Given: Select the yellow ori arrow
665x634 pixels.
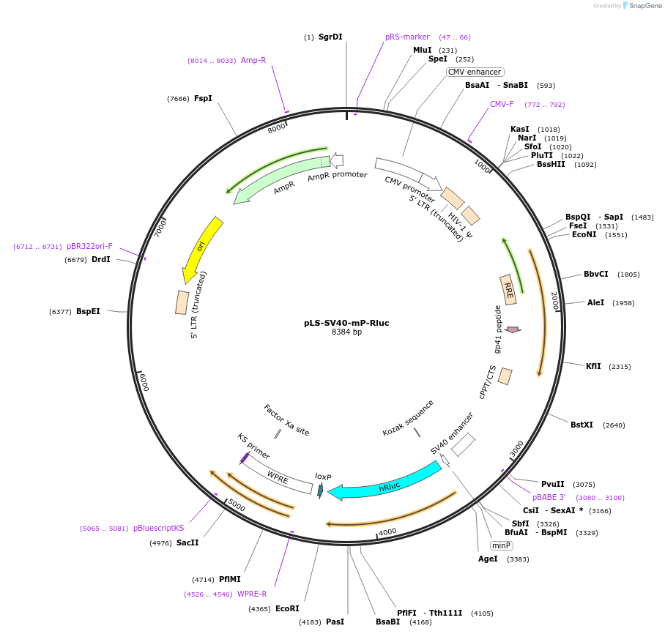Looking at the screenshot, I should [200, 249].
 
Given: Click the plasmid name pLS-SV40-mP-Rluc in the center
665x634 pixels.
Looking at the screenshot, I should [346, 323].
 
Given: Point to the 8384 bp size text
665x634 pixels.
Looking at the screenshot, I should [346, 332].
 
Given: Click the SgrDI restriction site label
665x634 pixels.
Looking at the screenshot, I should [330, 37].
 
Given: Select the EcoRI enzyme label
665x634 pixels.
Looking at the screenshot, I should [287, 608].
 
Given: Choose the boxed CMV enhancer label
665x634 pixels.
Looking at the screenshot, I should [475, 72].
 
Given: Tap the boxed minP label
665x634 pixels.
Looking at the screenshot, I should [501, 545].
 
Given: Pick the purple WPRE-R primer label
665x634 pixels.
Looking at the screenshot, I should [252, 594].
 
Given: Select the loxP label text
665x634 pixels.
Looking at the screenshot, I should [323, 477].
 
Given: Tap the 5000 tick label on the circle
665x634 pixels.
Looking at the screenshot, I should [237, 505].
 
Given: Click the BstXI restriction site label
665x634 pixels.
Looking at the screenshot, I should [582, 425].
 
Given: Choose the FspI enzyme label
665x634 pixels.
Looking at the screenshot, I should [203, 98].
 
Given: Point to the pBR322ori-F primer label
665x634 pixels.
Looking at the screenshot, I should [89, 246].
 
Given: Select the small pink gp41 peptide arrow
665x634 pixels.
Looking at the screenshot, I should [513, 330].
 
